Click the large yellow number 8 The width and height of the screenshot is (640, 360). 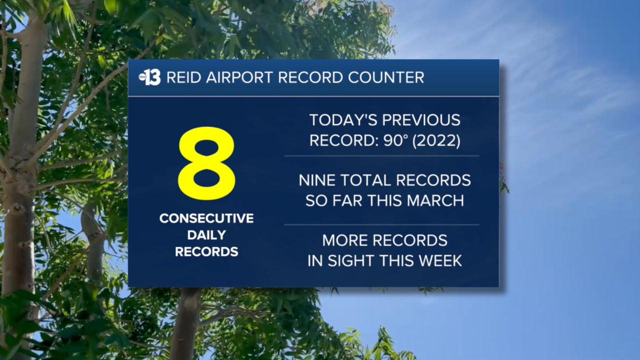tap(206, 163)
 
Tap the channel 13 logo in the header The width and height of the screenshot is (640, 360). tap(149, 77)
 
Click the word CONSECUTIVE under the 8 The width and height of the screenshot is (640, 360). tap(206, 218)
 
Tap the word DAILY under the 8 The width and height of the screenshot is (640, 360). tap(206, 235)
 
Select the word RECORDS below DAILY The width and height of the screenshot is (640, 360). tap(206, 252)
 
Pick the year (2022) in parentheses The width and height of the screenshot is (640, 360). tap(435, 141)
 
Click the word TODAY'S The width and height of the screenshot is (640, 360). tap(342, 120)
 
